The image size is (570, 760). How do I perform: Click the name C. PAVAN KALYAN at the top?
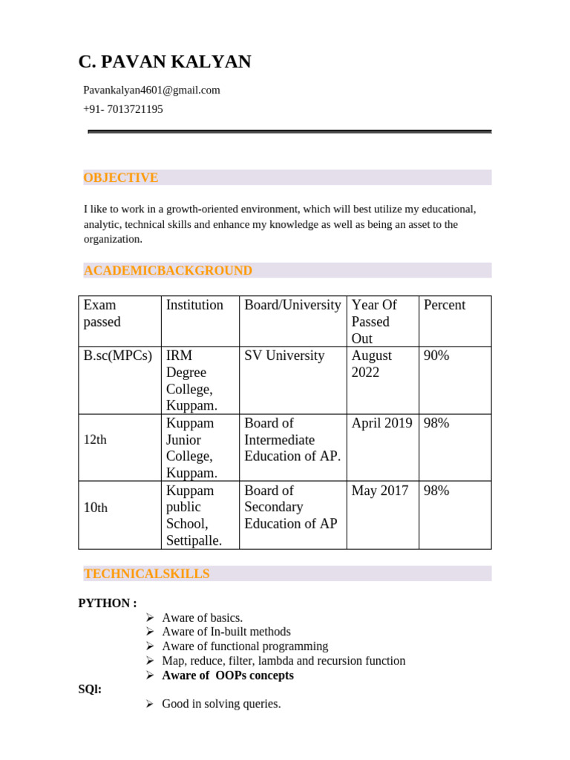click(x=165, y=62)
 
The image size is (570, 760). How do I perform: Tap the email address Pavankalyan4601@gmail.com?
click(x=151, y=91)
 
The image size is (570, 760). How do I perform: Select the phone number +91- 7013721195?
click(x=122, y=109)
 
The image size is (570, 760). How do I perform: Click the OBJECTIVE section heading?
click(x=120, y=177)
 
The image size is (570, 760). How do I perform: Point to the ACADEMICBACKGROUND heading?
click(x=168, y=271)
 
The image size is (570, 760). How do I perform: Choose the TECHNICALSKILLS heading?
click(x=146, y=574)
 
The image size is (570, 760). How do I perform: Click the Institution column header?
click(x=194, y=305)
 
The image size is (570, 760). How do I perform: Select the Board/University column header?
click(x=292, y=305)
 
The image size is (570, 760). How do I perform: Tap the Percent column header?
click(x=444, y=305)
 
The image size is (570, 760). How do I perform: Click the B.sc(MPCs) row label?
click(x=118, y=356)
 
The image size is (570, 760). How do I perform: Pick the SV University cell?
click(x=284, y=356)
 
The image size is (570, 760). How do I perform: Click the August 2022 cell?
click(x=372, y=364)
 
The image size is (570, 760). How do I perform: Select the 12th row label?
click(x=95, y=439)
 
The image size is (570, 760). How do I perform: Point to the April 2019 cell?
click(x=381, y=423)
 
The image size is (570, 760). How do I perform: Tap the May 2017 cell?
click(x=379, y=491)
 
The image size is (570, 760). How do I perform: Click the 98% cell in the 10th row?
click(x=436, y=491)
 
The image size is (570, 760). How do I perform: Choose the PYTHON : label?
click(x=108, y=603)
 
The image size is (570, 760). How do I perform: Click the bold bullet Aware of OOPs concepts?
click(x=227, y=675)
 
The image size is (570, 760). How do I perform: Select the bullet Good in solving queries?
click(x=220, y=704)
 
